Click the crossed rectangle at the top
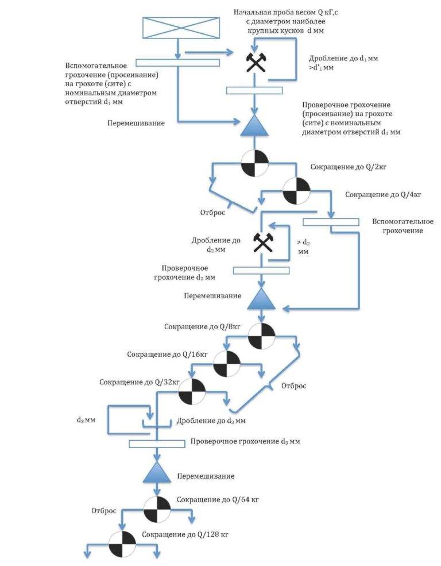[x=181, y=28]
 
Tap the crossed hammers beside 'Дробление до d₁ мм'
[x=256, y=63]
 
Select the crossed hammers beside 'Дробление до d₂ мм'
[x=263, y=242]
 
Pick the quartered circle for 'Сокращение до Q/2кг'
[x=254, y=163]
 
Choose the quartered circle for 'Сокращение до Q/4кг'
[x=296, y=191]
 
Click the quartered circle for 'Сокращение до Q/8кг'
[x=261, y=336]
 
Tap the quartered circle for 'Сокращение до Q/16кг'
[x=227, y=364]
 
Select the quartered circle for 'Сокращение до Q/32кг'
[x=192, y=392]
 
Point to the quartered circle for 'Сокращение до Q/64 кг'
[x=157, y=510]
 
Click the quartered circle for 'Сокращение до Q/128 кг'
[x=122, y=544]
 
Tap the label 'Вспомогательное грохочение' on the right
[x=403, y=226]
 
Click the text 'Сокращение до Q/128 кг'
[x=185, y=534]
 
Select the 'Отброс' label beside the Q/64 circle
[x=104, y=510]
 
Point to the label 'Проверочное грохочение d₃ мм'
[x=245, y=441]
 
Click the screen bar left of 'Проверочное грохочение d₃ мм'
[x=157, y=444]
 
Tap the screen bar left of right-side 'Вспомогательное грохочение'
[x=331, y=222]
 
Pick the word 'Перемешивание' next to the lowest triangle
[x=206, y=476]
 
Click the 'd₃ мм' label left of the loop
[x=86, y=420]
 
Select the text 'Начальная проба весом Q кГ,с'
[x=285, y=12]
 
